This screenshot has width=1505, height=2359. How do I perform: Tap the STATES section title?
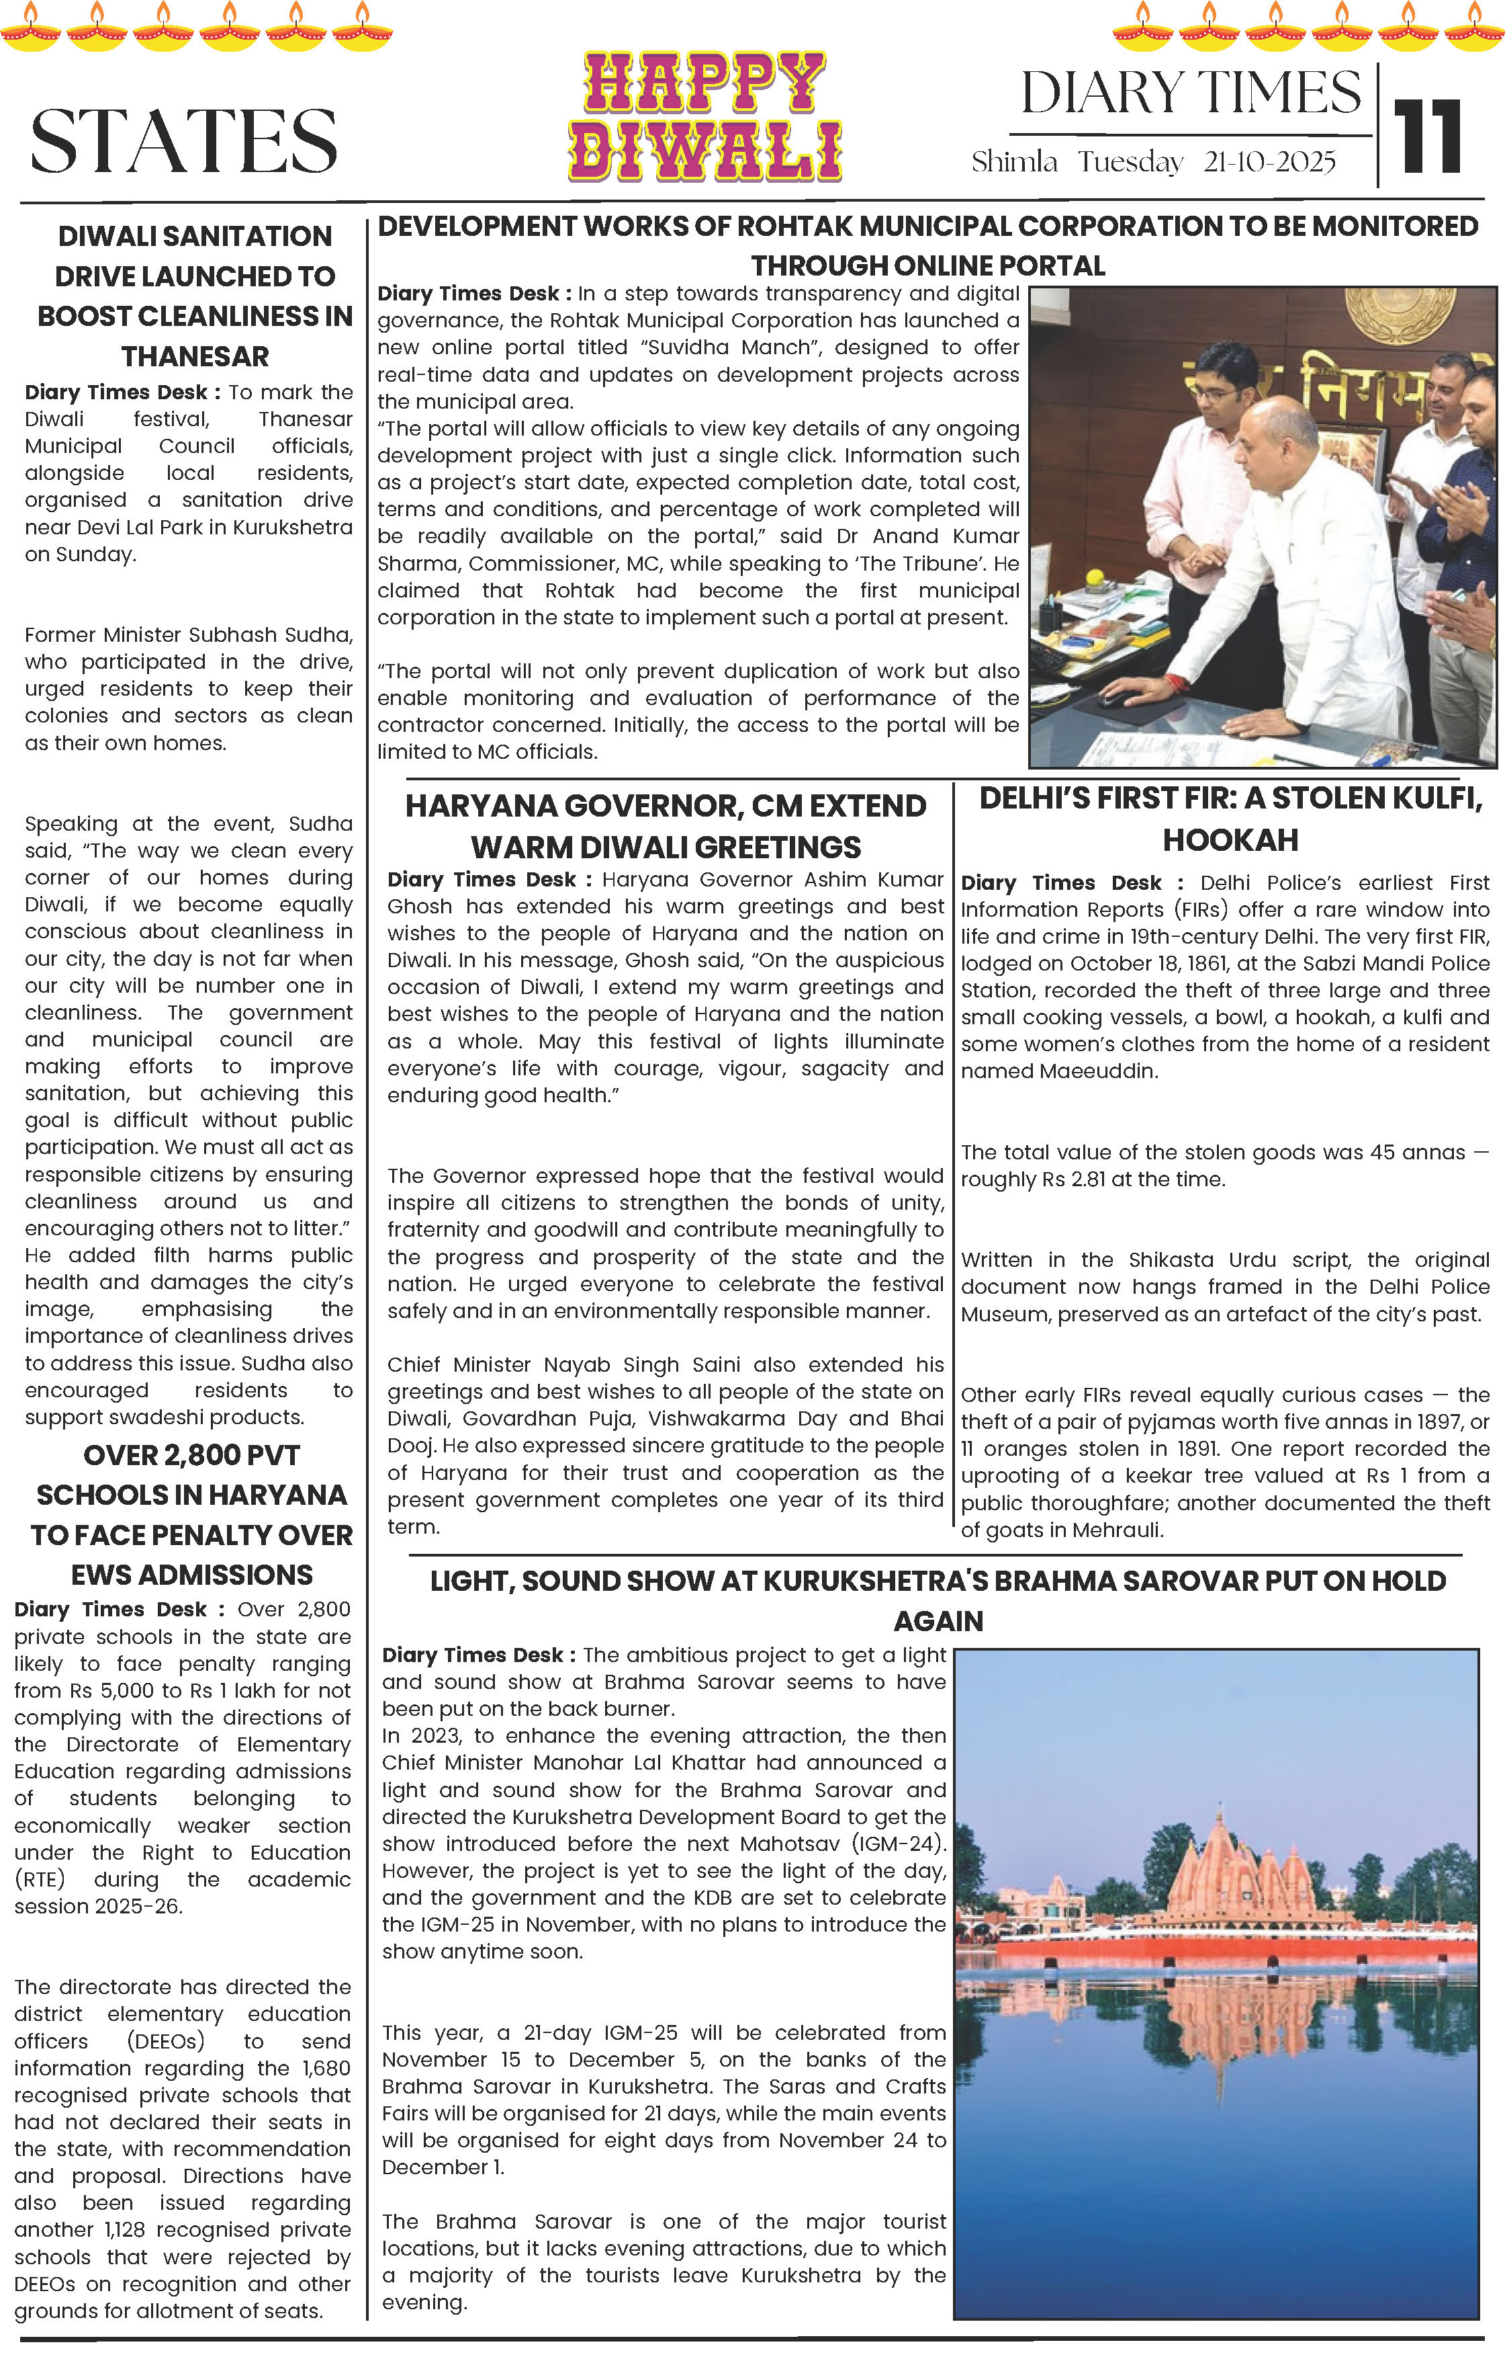[x=184, y=141]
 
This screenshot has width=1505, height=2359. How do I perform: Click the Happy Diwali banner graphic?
[x=705, y=118]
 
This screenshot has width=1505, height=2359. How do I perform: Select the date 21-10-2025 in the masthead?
[x=1269, y=163]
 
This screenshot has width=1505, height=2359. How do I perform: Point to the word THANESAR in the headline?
[x=195, y=357]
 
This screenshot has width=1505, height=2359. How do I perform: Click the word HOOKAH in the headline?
[x=1230, y=841]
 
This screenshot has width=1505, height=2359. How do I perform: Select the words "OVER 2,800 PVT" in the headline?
[x=191, y=1456]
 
